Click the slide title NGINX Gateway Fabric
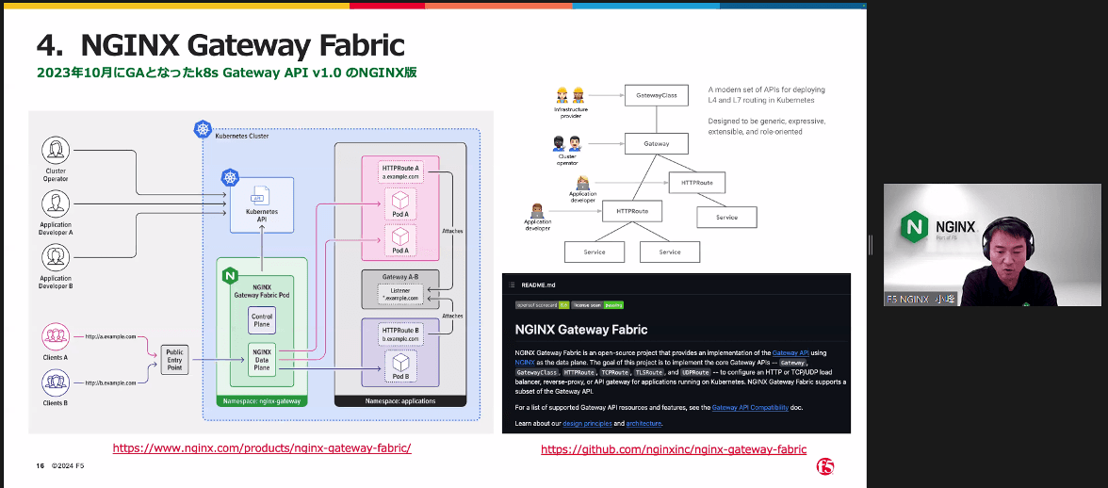click(220, 44)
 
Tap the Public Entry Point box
click(175, 359)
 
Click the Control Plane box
click(262, 319)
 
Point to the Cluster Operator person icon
click(56, 150)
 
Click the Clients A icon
click(56, 335)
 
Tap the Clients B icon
click(56, 382)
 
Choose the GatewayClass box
click(657, 95)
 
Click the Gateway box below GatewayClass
click(657, 144)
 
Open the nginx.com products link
click(262, 448)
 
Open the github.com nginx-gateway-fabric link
click(674, 449)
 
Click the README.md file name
click(539, 284)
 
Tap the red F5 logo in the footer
click(826, 466)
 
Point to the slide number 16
click(41, 466)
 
